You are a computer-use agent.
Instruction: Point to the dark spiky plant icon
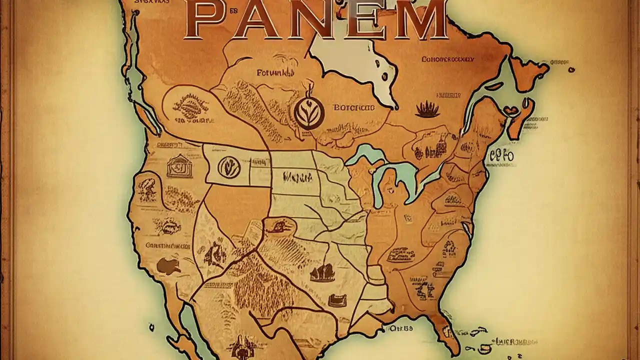[427, 108]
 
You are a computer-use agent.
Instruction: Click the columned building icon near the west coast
[179, 166]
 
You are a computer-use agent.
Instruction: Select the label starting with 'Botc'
[353, 107]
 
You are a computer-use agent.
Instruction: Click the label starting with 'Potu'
[275, 73]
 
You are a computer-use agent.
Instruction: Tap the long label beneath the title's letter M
[447, 59]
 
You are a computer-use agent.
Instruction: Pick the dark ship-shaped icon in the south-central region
[322, 273]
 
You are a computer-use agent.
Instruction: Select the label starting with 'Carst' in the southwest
[167, 245]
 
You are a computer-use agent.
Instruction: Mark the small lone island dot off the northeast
[571, 70]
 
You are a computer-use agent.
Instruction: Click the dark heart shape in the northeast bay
[511, 111]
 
